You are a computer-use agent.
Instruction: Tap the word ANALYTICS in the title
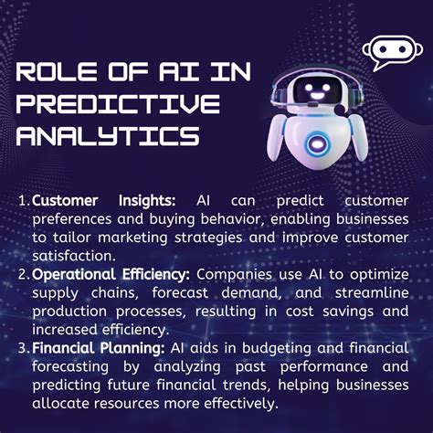click(x=108, y=135)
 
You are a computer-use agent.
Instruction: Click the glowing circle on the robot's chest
click(x=316, y=143)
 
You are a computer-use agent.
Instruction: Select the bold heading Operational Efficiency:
click(x=113, y=273)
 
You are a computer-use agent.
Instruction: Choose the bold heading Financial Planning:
click(x=98, y=346)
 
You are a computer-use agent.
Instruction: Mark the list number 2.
click(x=22, y=273)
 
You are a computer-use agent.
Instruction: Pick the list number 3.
click(x=22, y=346)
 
